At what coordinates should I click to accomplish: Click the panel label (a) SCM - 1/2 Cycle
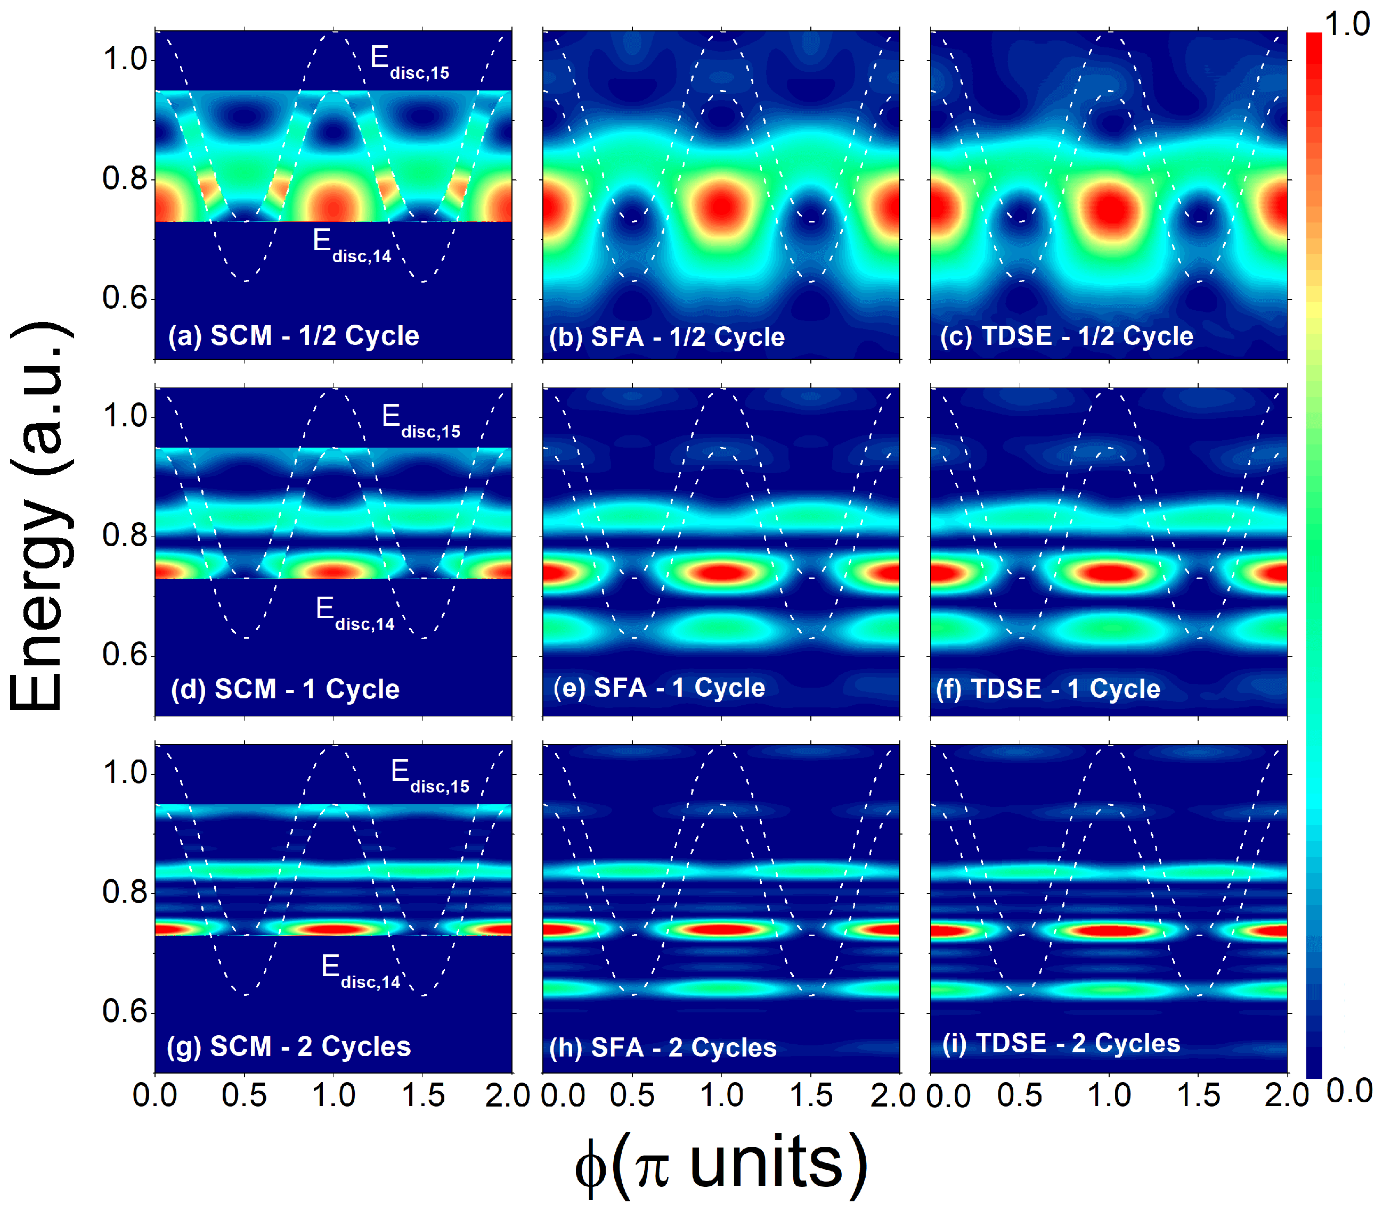coord(293,336)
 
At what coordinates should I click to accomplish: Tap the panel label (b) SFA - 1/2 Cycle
coord(666,337)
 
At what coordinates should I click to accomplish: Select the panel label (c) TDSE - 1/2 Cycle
coord(1067,336)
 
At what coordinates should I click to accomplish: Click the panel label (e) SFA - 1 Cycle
coord(659,688)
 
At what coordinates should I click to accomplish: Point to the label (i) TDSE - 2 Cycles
coord(1061,1043)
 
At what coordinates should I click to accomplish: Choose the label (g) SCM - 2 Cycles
coord(289,1046)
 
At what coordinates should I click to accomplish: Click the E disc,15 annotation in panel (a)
coord(409,62)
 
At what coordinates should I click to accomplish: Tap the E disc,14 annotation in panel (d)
coord(355,613)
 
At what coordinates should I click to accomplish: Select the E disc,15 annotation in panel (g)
coord(429,776)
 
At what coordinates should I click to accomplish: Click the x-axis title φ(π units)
coord(721,1165)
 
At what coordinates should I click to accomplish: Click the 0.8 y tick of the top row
coord(125,179)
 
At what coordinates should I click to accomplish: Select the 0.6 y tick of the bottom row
coord(125,1012)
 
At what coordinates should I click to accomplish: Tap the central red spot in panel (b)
coord(722,206)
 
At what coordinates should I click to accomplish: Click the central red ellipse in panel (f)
coord(1108,573)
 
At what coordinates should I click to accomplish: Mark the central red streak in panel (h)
coord(722,930)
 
